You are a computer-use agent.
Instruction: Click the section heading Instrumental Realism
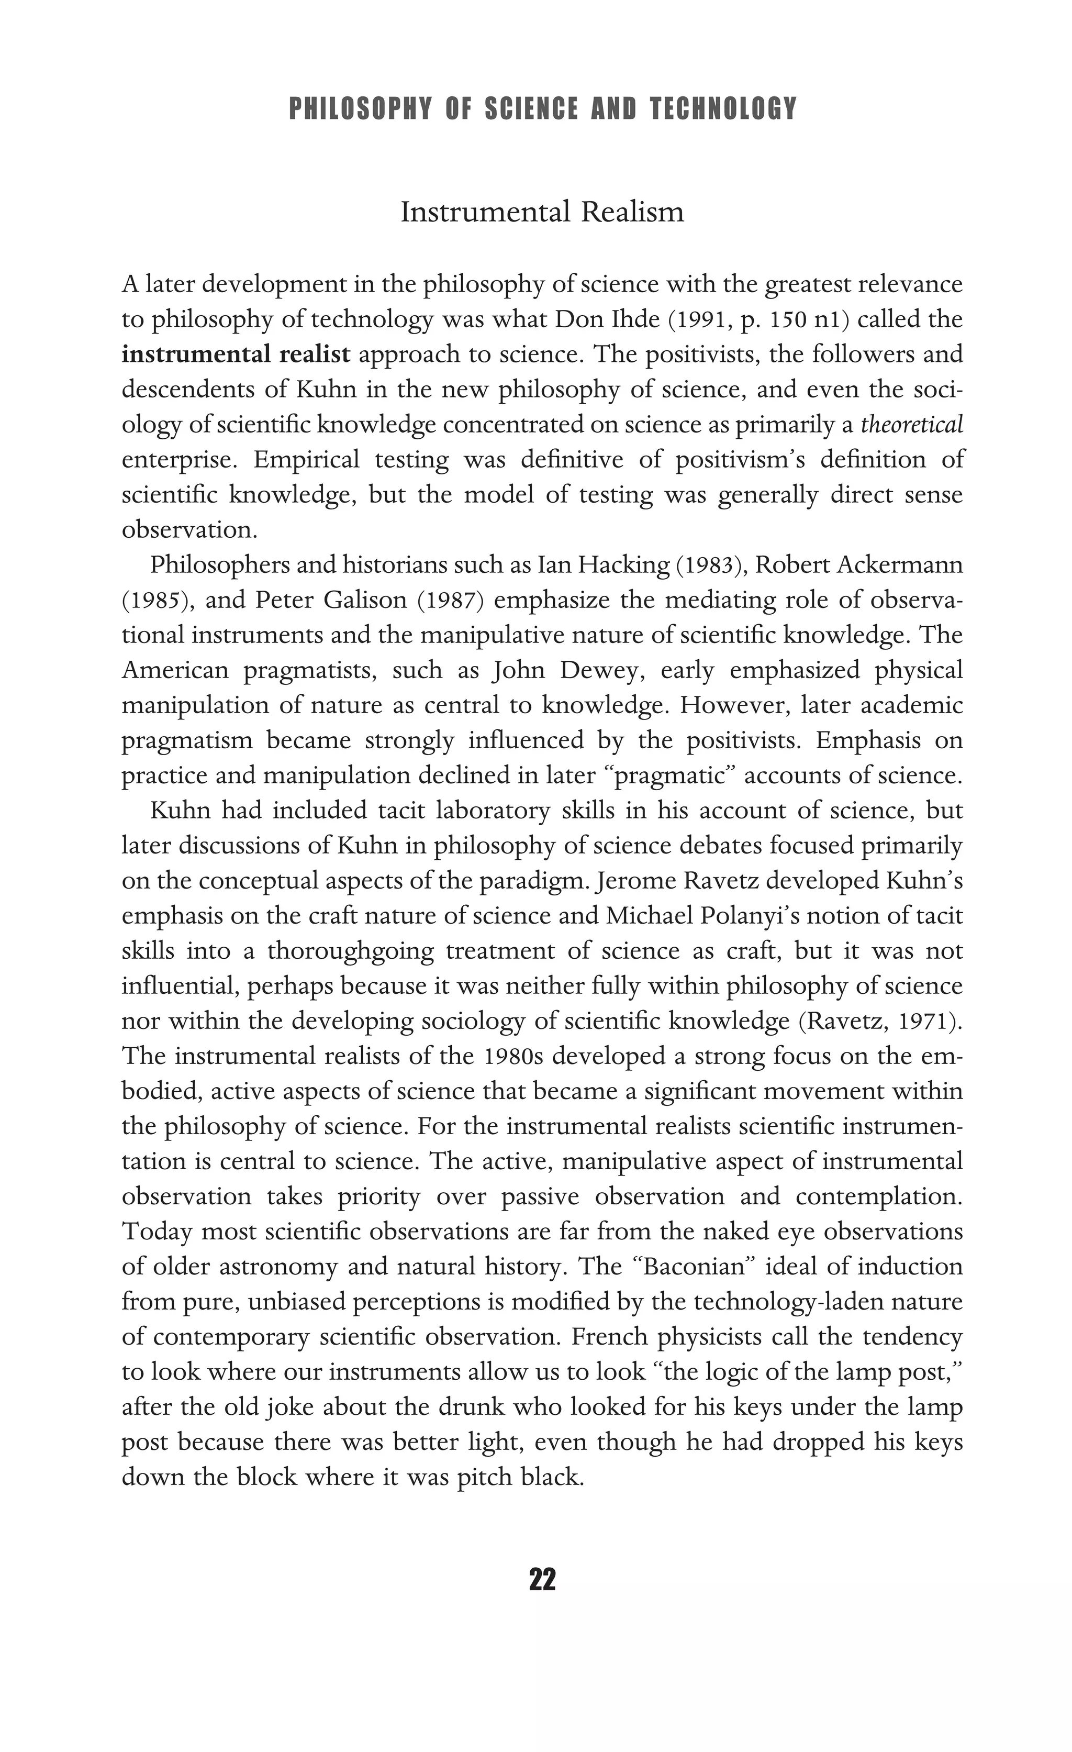coord(542,212)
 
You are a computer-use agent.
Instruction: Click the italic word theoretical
coord(911,425)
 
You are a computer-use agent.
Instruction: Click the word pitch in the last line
coord(486,1477)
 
